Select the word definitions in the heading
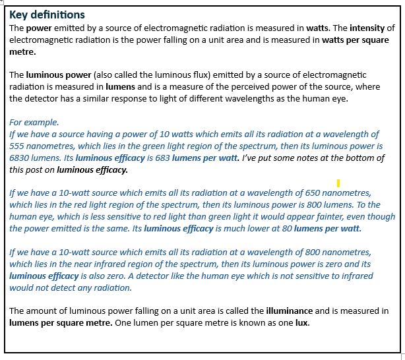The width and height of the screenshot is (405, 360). [57, 15]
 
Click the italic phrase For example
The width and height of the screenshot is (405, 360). [34, 122]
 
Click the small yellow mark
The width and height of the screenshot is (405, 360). [338, 183]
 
